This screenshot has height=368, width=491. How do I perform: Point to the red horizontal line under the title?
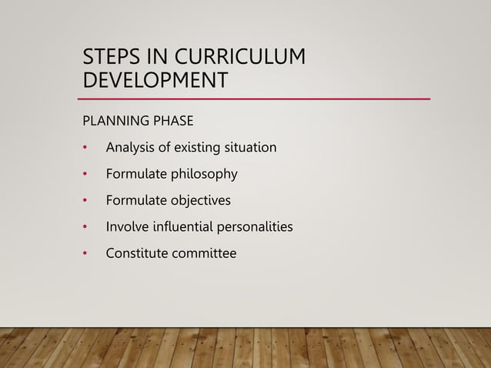[254, 99]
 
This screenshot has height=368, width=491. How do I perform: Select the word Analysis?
[131, 146]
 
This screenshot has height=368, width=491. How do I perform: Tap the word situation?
[247, 146]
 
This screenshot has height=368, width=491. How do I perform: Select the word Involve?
[127, 227]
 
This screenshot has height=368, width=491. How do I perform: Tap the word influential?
[185, 227]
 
